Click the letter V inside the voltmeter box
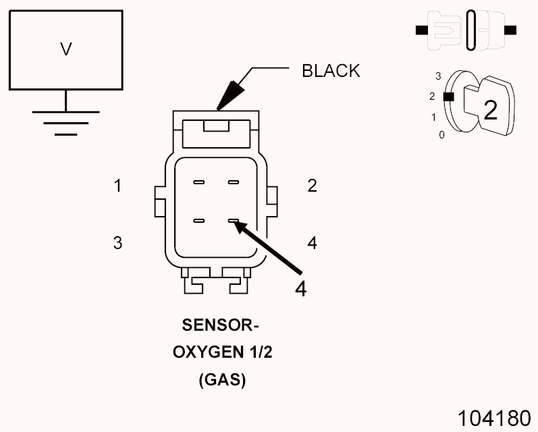point(65,50)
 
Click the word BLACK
point(331,71)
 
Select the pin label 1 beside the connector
point(117,186)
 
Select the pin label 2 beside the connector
point(312,186)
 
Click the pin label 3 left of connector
point(117,243)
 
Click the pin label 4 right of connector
point(312,243)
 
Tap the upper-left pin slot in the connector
point(199,182)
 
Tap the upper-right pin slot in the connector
point(234,182)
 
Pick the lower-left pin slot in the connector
point(199,221)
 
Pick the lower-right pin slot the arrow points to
point(234,221)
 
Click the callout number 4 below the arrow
point(301,288)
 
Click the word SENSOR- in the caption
point(221,325)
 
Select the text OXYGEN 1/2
point(221,352)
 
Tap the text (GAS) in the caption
point(222,380)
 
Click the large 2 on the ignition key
point(490,110)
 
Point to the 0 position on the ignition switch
point(441,135)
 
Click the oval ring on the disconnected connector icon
point(470,30)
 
